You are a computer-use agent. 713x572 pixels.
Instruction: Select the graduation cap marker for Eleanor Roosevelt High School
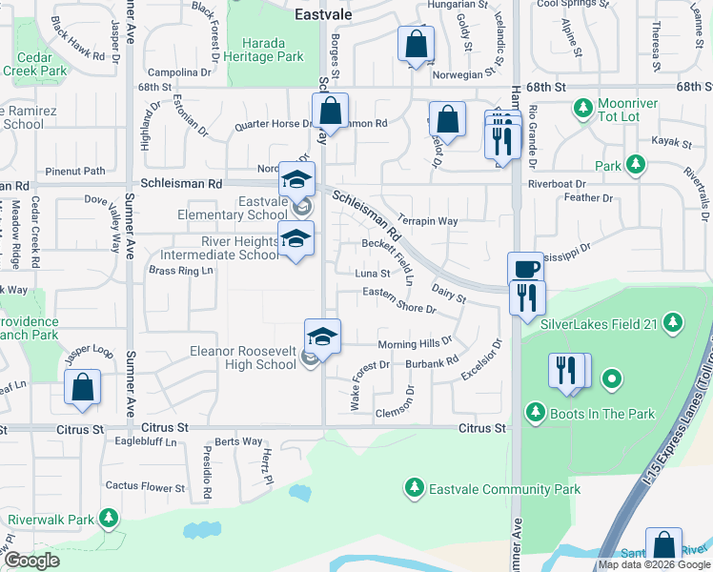(x=323, y=337)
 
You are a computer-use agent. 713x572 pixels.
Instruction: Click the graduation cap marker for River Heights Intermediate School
(x=295, y=239)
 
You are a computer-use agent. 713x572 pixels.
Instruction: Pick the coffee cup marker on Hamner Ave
(x=524, y=270)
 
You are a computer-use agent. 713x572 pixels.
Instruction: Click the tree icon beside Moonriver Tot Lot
(x=582, y=108)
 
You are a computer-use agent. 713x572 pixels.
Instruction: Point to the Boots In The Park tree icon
(x=535, y=413)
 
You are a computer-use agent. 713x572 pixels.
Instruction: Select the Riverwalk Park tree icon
(x=110, y=520)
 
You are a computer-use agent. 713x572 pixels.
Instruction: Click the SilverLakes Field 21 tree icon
(x=674, y=323)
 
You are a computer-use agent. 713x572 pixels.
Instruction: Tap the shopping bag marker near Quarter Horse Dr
(x=330, y=112)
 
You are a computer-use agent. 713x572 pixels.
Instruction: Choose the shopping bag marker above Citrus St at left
(x=82, y=388)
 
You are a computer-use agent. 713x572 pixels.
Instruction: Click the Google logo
(x=31, y=561)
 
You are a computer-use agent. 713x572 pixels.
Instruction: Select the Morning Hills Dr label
(x=415, y=343)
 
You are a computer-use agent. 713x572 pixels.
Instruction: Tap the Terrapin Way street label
(x=427, y=221)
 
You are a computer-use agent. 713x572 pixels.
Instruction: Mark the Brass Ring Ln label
(x=180, y=271)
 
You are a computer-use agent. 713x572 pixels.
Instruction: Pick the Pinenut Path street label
(x=81, y=172)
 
